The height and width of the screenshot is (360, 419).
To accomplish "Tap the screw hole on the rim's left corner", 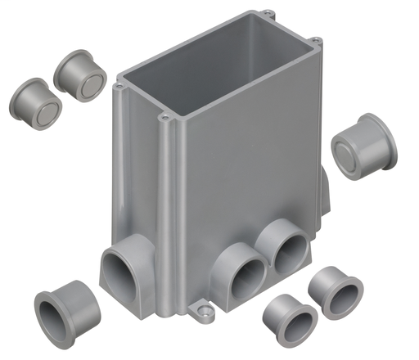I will click(119, 85).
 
